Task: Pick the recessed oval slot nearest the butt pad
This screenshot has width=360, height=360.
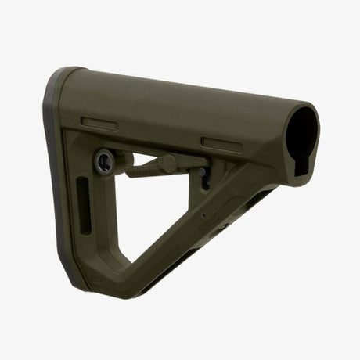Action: coord(100,122)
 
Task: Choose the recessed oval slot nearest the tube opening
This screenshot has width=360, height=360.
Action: coord(221,142)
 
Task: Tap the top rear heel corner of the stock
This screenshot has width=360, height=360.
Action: coord(63,74)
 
